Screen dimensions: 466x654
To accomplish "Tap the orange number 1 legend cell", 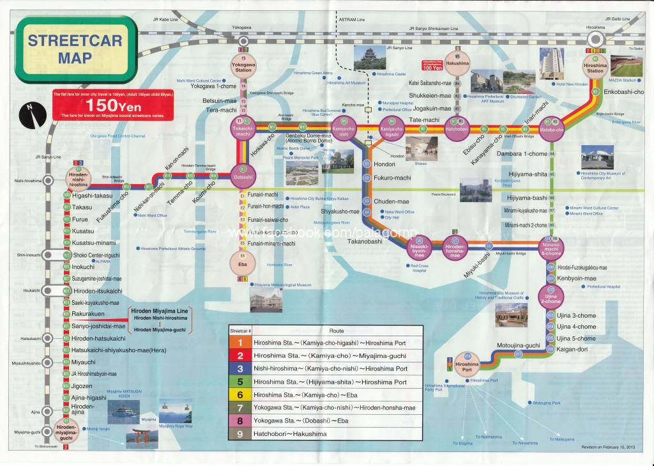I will (x=241, y=343).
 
